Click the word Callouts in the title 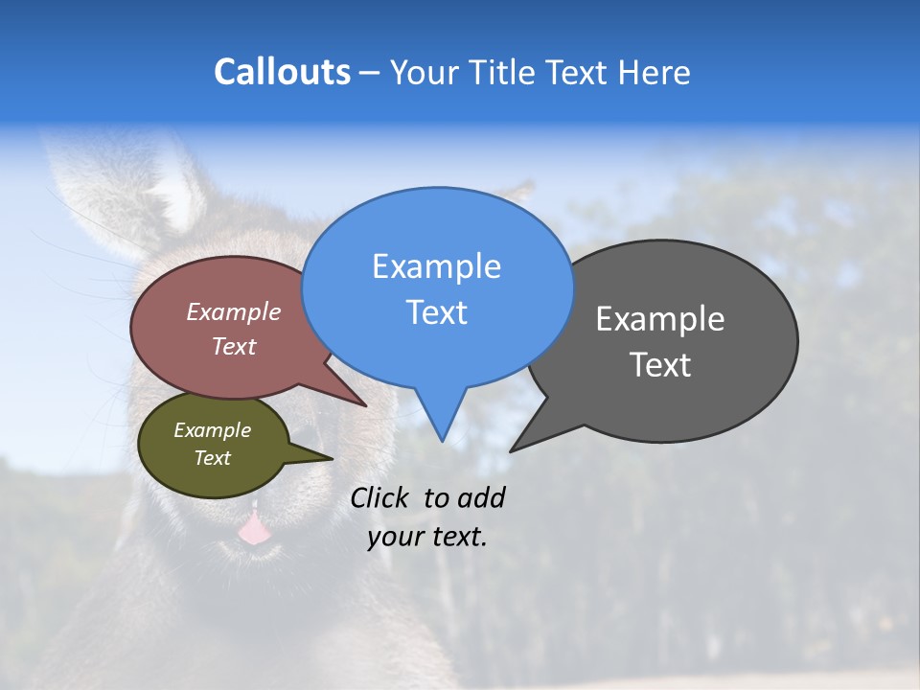282,72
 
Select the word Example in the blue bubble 436,266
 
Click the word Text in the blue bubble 436,312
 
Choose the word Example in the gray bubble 660,319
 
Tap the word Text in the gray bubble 660,365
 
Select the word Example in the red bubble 234,311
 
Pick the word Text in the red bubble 234,346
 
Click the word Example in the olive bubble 213,430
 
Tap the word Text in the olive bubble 213,458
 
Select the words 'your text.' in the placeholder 427,537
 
